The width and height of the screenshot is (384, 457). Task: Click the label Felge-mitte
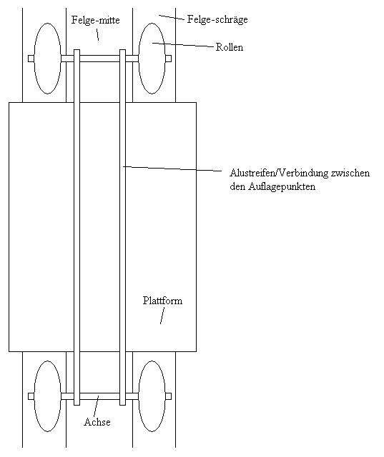[x=96, y=21]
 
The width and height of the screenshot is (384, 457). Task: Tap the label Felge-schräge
[x=217, y=19]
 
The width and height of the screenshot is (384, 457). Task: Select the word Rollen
[x=230, y=47]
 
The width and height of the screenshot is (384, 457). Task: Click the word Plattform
[x=162, y=301]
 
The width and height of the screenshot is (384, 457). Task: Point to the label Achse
[x=97, y=422]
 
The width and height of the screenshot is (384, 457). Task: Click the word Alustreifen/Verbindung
[x=279, y=173]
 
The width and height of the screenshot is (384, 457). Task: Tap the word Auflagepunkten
[x=282, y=186]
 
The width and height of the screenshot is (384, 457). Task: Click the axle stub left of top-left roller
[x=31, y=59]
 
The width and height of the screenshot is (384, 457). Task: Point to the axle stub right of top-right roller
[x=168, y=59]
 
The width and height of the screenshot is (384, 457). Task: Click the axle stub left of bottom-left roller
[x=31, y=396]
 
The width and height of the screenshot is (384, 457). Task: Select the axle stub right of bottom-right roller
[x=168, y=396]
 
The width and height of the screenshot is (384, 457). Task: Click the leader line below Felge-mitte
[x=97, y=35]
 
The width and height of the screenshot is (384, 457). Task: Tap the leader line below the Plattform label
[x=162, y=316]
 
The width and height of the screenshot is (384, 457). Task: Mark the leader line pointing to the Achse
[x=97, y=406]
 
